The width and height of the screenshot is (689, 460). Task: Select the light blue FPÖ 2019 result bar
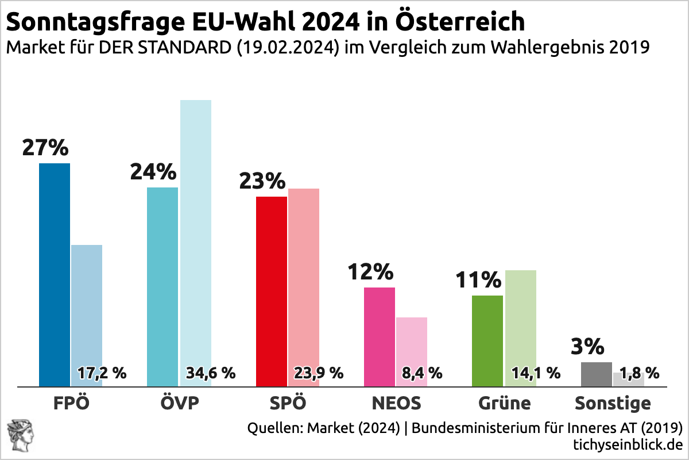[x=87, y=305]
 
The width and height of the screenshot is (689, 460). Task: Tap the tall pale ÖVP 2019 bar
[x=196, y=230]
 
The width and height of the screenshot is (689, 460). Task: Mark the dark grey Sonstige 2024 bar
[x=597, y=374]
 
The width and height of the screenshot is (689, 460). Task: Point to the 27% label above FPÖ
[x=45, y=148]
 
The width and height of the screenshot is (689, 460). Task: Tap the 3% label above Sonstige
[x=587, y=347]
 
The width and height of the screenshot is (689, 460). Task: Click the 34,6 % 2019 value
[x=211, y=373]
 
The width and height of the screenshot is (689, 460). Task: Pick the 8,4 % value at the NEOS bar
[x=422, y=373]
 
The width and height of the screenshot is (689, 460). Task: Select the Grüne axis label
[x=505, y=402]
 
